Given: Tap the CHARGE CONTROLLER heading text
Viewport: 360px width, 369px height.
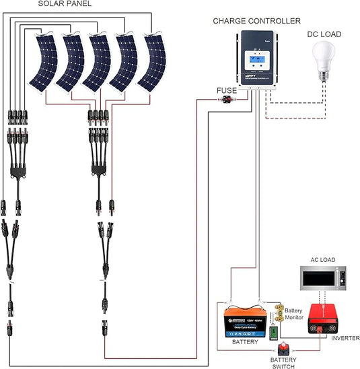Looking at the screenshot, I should coord(256,21).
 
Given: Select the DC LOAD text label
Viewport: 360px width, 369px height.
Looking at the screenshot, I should coord(324,34).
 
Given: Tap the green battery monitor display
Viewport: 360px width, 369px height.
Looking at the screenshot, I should coord(273,333).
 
